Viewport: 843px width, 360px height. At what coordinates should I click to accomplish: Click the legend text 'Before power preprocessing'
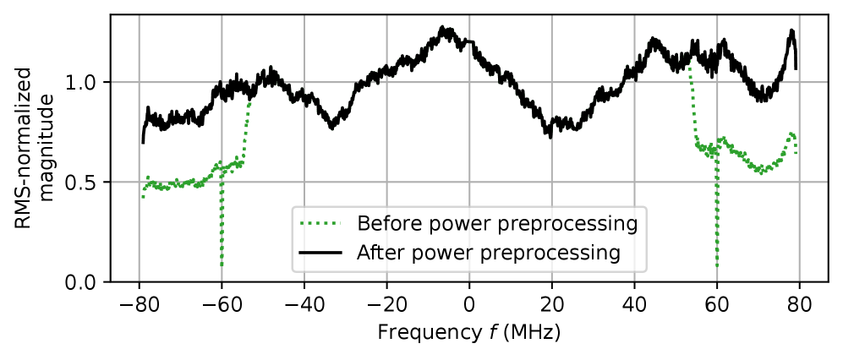tap(496, 224)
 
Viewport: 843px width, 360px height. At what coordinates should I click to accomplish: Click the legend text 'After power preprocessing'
tap(488, 253)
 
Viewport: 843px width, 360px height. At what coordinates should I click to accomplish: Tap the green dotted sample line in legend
tap(320, 224)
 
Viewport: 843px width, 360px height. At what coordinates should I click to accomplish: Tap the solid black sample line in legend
tap(320, 253)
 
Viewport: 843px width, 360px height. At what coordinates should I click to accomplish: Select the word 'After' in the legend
tap(377, 253)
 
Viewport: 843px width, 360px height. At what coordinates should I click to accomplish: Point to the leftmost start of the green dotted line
tap(142, 197)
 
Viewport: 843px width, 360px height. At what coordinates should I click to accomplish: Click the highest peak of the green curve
tap(442, 29)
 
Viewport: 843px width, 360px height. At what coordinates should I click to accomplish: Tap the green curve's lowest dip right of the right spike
tap(762, 172)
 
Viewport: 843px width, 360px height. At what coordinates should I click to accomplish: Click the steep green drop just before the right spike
tap(693, 101)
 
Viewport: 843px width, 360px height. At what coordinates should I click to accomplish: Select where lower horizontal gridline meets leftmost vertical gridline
tap(139, 182)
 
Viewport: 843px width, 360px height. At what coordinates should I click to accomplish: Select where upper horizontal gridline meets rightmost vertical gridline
tap(799, 83)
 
